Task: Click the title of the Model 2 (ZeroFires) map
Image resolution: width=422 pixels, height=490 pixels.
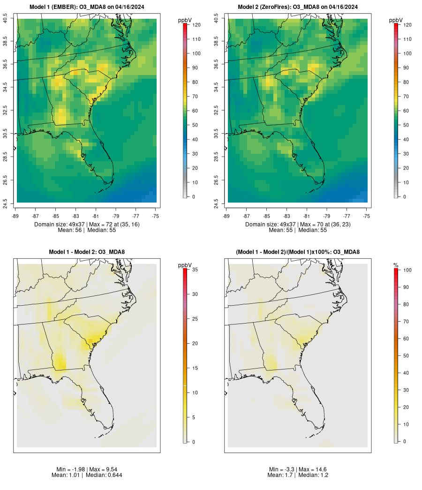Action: tap(298, 7)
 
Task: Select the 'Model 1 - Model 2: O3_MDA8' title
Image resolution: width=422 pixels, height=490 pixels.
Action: tap(87, 252)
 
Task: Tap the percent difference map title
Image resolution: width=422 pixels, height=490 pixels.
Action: tap(298, 252)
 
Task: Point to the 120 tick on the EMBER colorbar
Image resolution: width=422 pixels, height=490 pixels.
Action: tap(196, 24)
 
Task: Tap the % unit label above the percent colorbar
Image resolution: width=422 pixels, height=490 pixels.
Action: tap(396, 265)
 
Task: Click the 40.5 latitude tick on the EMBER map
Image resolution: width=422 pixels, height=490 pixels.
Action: tap(6, 19)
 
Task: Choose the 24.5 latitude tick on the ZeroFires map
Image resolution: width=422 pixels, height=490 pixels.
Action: tap(217, 202)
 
